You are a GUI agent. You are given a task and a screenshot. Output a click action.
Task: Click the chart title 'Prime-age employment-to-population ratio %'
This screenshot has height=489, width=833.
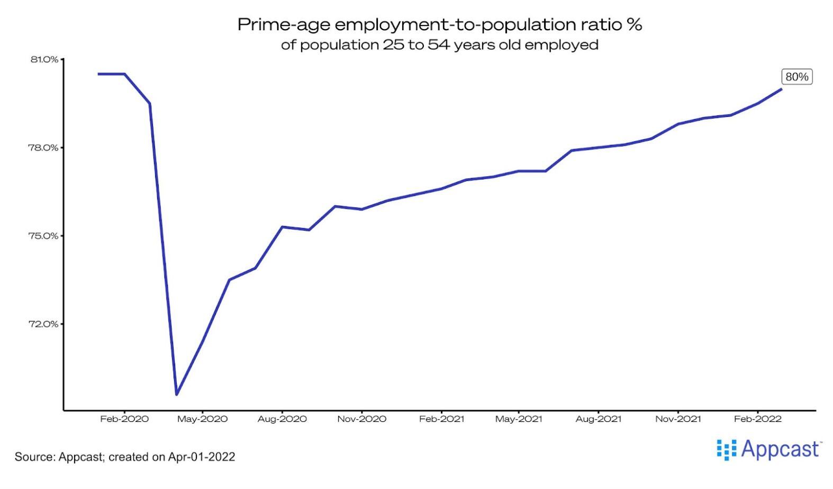pos(439,24)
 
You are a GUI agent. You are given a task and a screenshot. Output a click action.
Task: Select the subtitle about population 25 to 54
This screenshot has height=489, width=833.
pos(439,45)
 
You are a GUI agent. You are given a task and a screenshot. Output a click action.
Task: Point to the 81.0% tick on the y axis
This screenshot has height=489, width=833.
pos(44,59)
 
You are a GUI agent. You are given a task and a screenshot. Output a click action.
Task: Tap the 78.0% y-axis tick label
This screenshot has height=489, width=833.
pos(44,148)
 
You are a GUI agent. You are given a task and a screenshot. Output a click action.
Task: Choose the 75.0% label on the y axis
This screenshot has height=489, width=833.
pos(44,236)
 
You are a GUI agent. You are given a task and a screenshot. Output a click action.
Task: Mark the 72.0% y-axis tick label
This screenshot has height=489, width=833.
pos(44,324)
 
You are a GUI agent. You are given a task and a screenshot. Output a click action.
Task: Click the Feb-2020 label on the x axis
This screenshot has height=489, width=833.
pos(124,419)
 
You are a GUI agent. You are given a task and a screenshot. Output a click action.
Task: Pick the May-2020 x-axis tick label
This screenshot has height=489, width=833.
pos(202,419)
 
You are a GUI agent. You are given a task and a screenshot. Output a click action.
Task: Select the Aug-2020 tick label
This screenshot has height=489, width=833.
pos(282,419)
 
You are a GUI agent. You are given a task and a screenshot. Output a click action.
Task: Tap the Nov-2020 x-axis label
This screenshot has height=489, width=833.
pos(361,419)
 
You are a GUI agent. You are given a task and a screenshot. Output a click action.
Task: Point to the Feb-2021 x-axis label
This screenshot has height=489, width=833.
pos(441,419)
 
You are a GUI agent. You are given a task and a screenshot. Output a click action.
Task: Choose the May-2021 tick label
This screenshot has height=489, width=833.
pos(519,419)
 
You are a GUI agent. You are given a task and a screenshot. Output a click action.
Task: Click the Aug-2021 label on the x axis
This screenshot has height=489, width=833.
pos(598,419)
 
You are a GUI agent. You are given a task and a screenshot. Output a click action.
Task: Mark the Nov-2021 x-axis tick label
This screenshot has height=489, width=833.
pos(678,419)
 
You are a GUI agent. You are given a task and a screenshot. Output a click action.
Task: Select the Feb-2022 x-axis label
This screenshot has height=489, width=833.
pos(757,419)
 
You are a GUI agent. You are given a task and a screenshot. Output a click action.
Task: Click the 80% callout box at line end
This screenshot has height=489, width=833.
pos(796,77)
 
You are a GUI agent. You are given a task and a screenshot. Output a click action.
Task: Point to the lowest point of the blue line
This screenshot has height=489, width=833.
pos(176,394)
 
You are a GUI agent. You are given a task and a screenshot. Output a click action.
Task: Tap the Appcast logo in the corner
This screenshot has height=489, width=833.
pos(768,449)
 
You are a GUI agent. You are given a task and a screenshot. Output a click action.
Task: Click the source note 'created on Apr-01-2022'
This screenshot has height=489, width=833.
pos(171,457)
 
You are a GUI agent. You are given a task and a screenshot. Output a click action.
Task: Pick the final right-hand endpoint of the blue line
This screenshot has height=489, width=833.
pos(782,89)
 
